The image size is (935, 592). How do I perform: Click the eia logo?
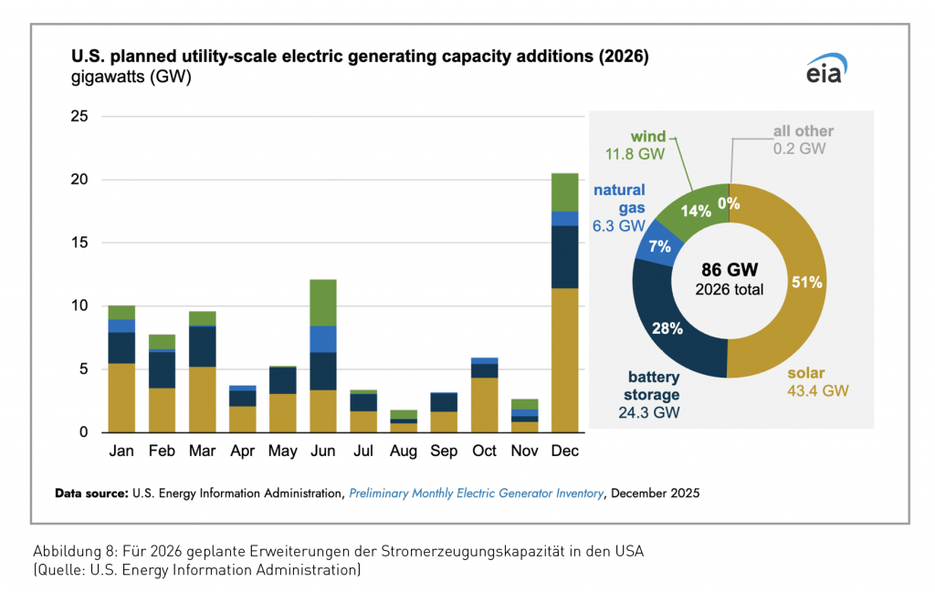(825, 69)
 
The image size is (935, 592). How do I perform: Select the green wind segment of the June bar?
(323, 302)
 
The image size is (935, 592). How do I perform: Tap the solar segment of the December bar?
(565, 359)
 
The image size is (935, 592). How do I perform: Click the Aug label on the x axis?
(404, 451)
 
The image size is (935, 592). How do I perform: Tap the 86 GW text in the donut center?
(730, 270)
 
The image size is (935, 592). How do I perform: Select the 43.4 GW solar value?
(815, 391)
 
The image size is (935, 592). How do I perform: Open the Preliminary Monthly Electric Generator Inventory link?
(476, 493)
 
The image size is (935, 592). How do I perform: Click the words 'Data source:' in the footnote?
(91, 493)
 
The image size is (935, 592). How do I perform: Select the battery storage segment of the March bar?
(203, 346)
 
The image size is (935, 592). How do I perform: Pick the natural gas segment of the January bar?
(121, 326)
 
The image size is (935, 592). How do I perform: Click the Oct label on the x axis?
(484, 451)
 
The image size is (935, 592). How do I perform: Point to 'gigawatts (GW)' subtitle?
(131, 78)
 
